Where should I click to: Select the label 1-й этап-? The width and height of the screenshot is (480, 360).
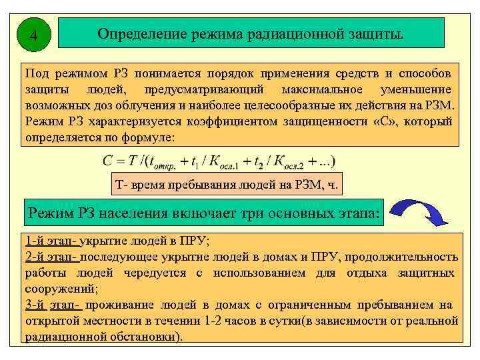click(51, 240)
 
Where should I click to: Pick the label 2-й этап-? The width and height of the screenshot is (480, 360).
click(52, 257)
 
